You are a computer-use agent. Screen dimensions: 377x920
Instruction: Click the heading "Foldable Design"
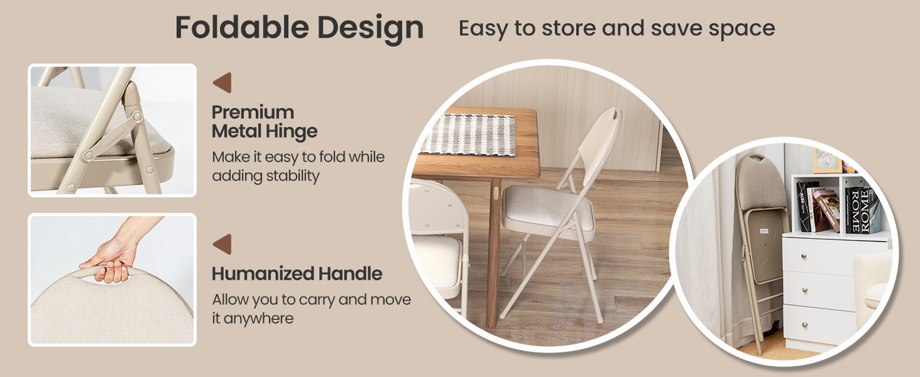pyautogui.click(x=299, y=28)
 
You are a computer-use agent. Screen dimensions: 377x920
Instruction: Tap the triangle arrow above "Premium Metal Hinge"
pyautogui.click(x=222, y=83)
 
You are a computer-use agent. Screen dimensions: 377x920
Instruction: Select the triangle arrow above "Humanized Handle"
pyautogui.click(x=222, y=244)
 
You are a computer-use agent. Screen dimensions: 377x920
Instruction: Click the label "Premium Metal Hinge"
pyautogui.click(x=264, y=122)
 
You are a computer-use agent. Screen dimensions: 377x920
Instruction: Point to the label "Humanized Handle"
pyautogui.click(x=297, y=274)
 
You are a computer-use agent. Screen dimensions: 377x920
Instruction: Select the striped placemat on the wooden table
pyautogui.click(x=468, y=134)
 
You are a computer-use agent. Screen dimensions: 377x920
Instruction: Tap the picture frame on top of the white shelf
pyautogui.click(x=828, y=161)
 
